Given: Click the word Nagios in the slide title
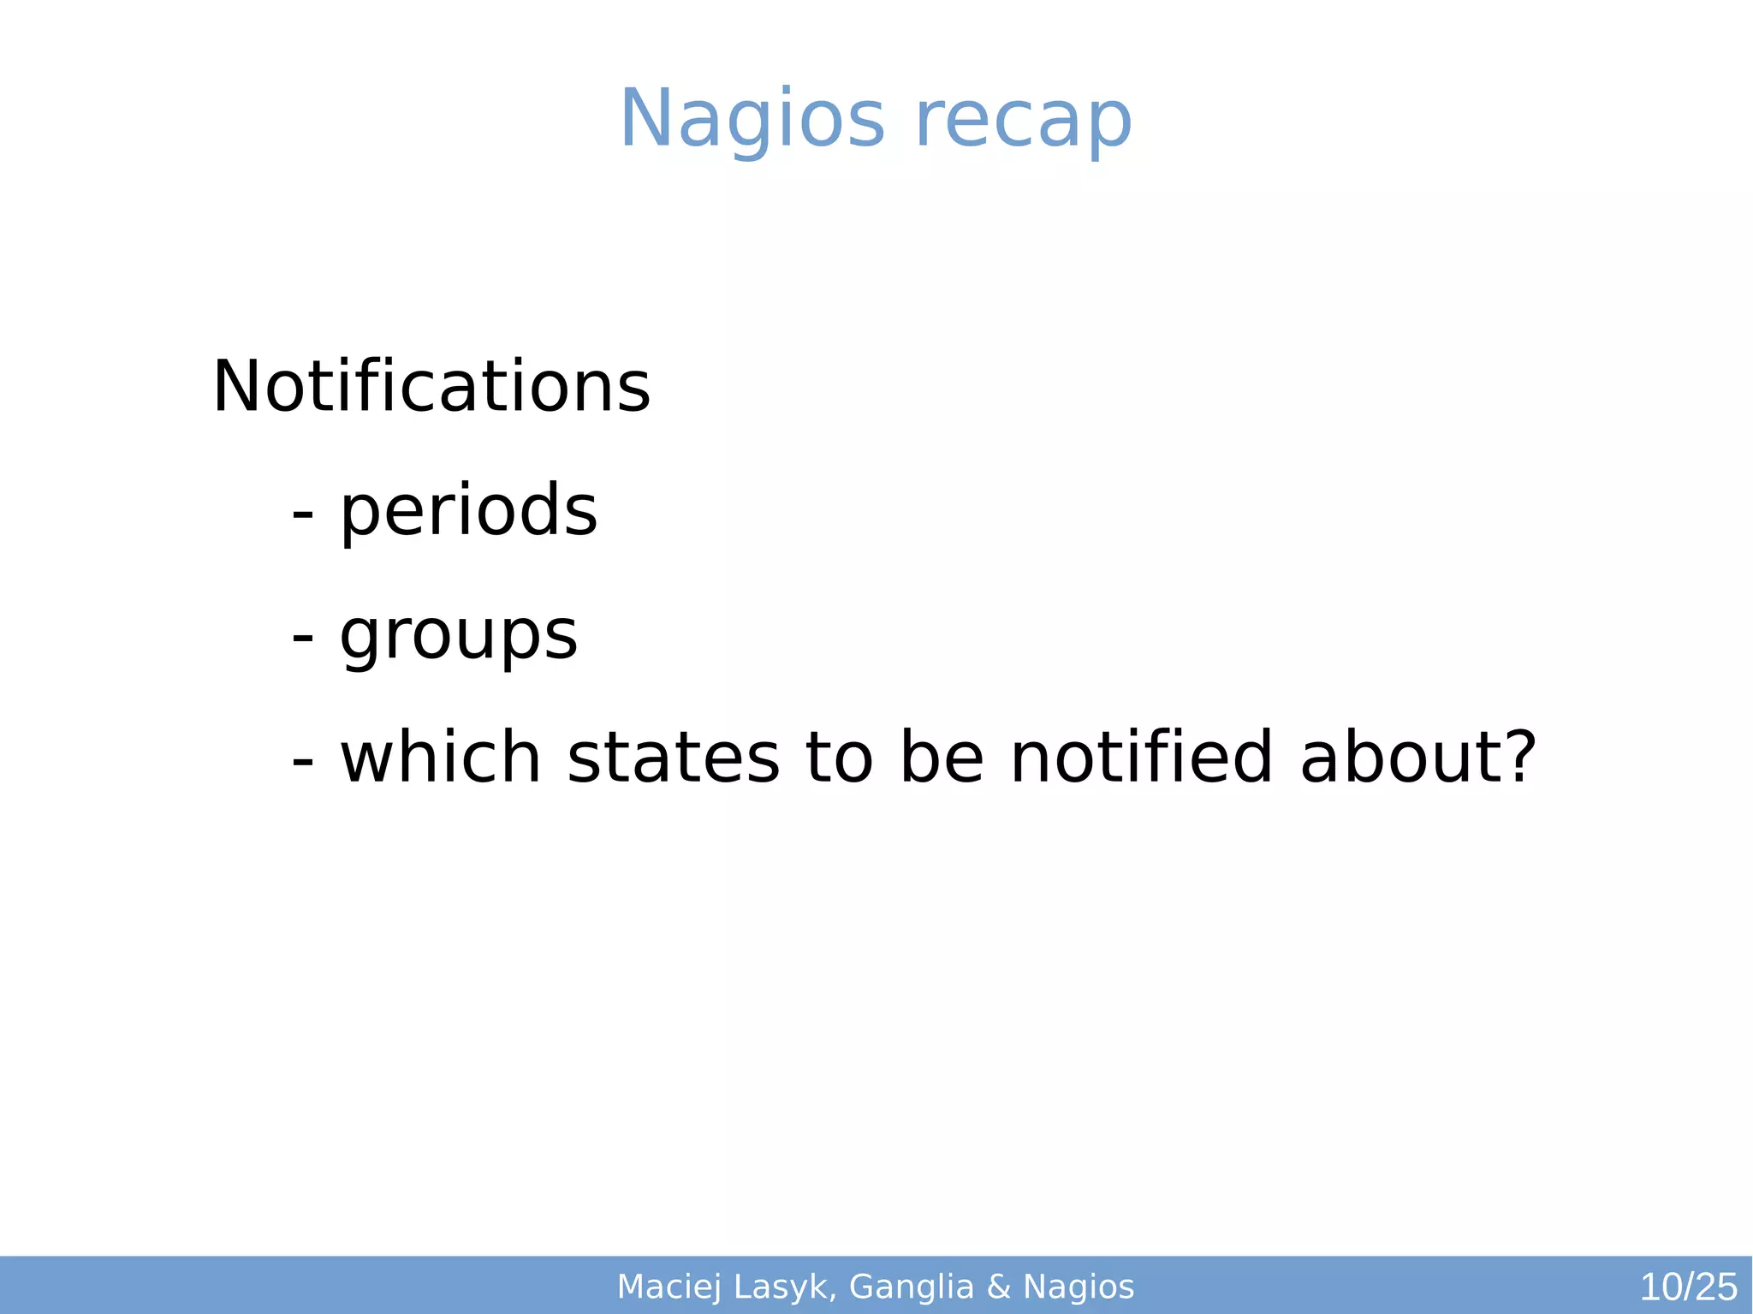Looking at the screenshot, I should click(x=752, y=120).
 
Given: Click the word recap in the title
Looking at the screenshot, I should click(x=1024, y=120).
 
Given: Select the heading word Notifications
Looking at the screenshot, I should click(x=431, y=387).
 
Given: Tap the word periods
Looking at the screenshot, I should click(x=469, y=511).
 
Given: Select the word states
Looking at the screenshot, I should click(x=674, y=758).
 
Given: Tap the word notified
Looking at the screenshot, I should click(x=1142, y=758).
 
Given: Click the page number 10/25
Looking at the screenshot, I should click(x=1688, y=1287).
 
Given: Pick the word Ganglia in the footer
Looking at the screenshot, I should click(x=912, y=1287).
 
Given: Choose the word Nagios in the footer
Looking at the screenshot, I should click(x=1079, y=1287).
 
